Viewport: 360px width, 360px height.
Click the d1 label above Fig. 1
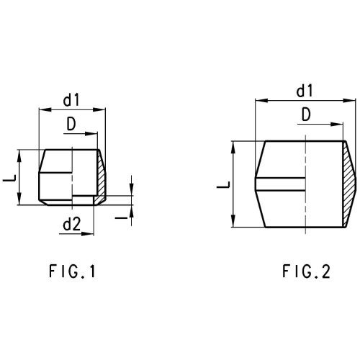click(x=71, y=100)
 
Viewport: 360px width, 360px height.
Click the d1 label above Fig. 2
click(x=305, y=91)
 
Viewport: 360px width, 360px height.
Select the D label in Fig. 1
click(x=71, y=124)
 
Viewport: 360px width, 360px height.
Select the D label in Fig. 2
click(x=306, y=114)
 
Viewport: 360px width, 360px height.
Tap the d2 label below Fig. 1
click(x=72, y=225)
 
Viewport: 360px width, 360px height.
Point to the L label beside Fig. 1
click(x=9, y=178)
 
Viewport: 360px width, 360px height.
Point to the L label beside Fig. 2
click(x=223, y=185)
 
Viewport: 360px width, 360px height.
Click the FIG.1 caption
click(x=72, y=271)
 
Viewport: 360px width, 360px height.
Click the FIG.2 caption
click(x=306, y=271)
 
